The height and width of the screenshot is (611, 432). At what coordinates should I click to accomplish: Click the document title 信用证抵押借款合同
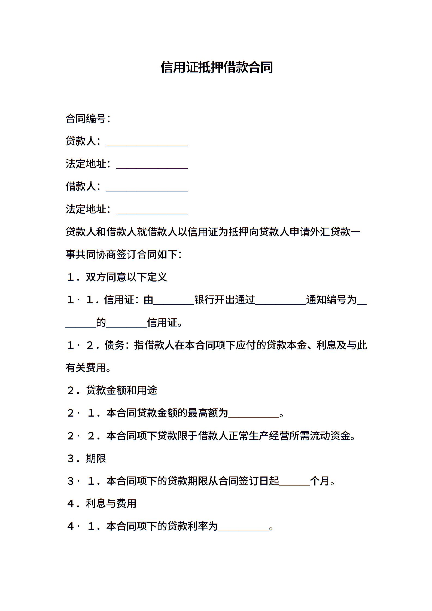(217, 67)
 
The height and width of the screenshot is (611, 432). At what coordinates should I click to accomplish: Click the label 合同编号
(86, 119)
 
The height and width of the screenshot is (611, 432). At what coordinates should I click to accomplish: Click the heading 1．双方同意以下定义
(117, 277)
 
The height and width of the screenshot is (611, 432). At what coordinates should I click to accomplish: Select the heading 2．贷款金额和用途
(112, 390)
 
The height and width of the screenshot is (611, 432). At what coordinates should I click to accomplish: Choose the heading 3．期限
(86, 459)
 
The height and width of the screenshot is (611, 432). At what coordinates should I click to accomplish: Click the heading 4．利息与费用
(102, 504)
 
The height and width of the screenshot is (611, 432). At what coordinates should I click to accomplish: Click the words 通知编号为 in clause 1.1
(331, 300)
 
